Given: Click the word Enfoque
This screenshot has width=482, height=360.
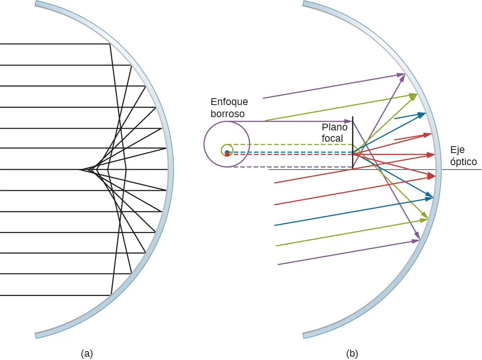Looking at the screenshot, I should point(229,102).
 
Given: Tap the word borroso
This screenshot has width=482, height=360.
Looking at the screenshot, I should point(228,114).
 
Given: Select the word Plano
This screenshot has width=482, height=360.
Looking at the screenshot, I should point(335,127).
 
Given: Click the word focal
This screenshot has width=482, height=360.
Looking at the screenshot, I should point(333,139).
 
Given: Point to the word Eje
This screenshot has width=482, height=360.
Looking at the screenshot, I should point(457,150).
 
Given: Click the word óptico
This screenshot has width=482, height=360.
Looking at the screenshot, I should point(463,162).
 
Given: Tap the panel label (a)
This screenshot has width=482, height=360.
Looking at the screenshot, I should point(87,354).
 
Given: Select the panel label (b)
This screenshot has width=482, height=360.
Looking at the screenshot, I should point(352,354).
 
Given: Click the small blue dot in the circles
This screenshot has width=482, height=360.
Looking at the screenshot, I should point(227,152).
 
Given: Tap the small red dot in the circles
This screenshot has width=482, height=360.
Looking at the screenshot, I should point(227,155).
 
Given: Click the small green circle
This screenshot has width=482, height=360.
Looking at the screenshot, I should point(226,150).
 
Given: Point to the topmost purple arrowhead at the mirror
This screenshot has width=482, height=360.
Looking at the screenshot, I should point(401,74).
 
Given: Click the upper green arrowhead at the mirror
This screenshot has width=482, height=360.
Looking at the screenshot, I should point(414,95).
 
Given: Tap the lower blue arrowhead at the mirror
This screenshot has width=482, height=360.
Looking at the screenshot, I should point(429,197).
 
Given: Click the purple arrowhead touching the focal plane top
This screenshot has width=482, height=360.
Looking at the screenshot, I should point(349,121).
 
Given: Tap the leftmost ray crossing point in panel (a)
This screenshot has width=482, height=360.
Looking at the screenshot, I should point(80,170).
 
